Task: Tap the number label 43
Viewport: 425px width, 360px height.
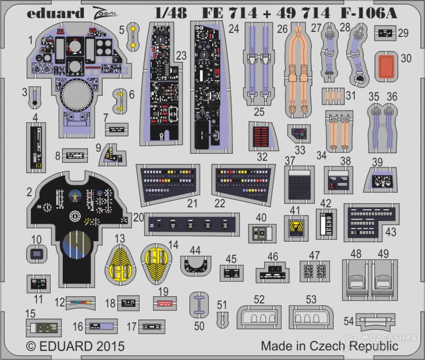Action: click(391, 232)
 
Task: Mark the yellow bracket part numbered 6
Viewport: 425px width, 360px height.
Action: click(119, 101)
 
